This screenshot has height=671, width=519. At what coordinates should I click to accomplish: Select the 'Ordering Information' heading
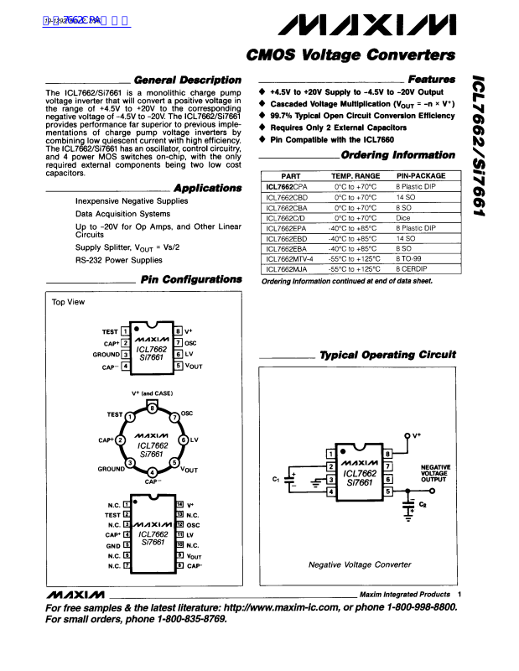[398, 155]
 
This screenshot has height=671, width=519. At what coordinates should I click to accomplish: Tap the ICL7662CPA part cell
[287, 187]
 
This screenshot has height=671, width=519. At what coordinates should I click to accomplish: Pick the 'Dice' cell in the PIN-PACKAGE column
[403, 217]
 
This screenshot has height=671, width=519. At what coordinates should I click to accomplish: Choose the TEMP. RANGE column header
[356, 176]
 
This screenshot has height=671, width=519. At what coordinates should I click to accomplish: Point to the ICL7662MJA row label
[287, 269]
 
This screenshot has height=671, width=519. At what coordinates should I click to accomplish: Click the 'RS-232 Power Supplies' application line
[119, 261]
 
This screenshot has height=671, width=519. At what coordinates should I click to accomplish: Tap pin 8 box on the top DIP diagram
[179, 331]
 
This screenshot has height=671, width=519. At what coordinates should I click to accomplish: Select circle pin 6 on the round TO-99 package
[183, 440]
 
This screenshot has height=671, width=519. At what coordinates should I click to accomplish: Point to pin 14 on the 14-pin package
[179, 504]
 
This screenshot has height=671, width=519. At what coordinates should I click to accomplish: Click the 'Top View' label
[68, 302]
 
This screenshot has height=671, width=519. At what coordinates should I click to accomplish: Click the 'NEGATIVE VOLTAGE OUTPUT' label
[435, 473]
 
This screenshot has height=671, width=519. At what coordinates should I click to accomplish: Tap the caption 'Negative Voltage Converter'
[360, 564]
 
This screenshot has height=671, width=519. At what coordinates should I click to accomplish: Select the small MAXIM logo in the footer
[75, 594]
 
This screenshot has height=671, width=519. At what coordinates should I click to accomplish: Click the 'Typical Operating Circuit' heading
[387, 356]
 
